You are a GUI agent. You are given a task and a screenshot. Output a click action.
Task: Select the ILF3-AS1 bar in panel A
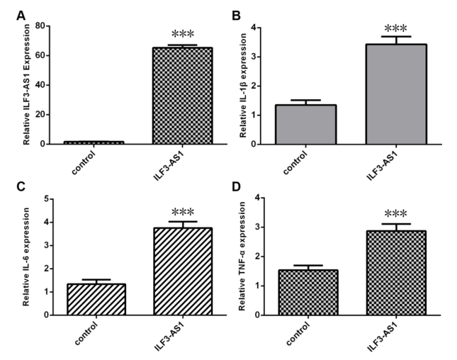point(183,96)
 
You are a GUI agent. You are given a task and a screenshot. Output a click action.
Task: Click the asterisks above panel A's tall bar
point(182,35)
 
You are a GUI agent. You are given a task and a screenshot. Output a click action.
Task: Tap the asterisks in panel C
point(182,212)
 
